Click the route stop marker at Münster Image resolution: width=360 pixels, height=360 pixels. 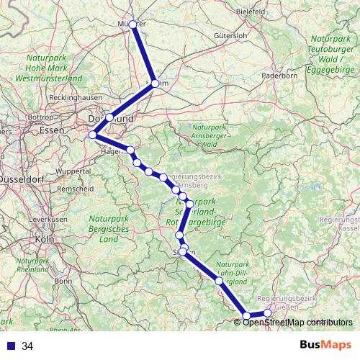132,24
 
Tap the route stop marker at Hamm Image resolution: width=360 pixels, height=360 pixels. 155,84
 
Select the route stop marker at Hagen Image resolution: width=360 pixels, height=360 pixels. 130,150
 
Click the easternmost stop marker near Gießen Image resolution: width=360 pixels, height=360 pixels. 268,312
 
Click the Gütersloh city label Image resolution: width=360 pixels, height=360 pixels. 230,35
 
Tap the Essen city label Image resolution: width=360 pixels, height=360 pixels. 53,130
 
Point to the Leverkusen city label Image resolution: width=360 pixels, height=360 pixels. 48,218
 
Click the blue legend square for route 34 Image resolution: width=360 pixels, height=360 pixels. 9,346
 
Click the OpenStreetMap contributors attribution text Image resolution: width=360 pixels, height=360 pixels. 298,322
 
